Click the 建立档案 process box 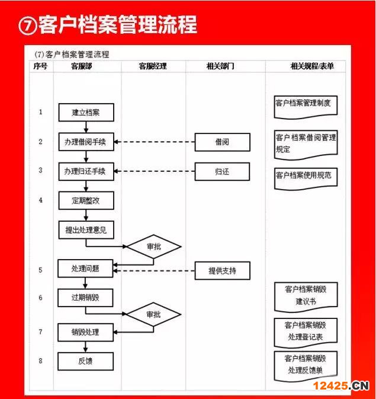pyautogui.click(x=86, y=113)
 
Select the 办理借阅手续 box pyautogui.click(x=86, y=142)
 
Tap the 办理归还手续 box pyautogui.click(x=86, y=171)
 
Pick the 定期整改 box pyautogui.click(x=86, y=201)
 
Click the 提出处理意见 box pyautogui.click(x=86, y=230)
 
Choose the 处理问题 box pyautogui.click(x=85, y=269)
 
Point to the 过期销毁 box pyautogui.click(x=85, y=298)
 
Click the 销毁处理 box pyautogui.click(x=85, y=333)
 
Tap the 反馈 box pyautogui.click(x=85, y=361)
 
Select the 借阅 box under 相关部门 pyautogui.click(x=223, y=142)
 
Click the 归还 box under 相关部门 pyautogui.click(x=222, y=172)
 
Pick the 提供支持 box pyautogui.click(x=223, y=271)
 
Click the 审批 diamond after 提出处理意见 pyautogui.click(x=154, y=247)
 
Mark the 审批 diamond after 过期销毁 pyautogui.click(x=154, y=315)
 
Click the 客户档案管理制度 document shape pyautogui.click(x=306, y=107)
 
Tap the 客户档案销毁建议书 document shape pyautogui.click(x=306, y=297)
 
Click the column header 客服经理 pyautogui.click(x=153, y=66)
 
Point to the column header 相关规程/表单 pyautogui.click(x=312, y=66)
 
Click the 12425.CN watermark pyautogui.click(x=341, y=386)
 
